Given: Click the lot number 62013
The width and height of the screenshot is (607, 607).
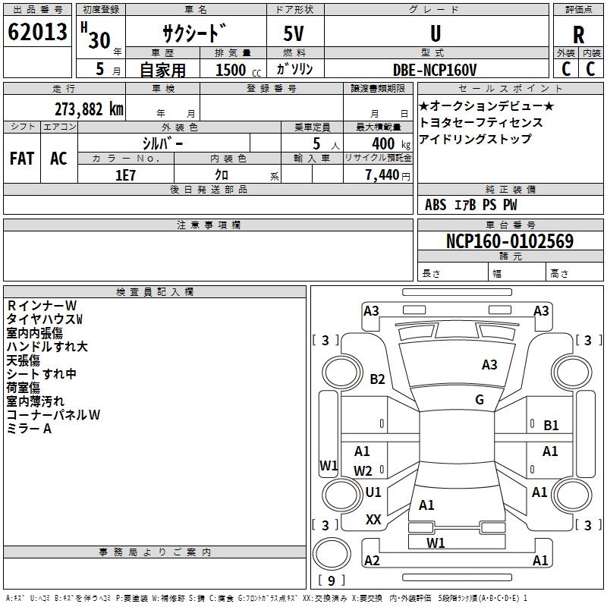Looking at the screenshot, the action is tap(37, 32).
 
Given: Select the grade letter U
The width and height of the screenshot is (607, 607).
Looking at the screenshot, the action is tap(436, 33).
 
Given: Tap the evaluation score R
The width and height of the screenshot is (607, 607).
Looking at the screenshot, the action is tap(578, 35).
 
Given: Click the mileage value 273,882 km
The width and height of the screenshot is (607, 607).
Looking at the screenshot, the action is tap(89, 109).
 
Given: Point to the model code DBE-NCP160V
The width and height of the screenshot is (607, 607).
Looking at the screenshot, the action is tap(435, 70).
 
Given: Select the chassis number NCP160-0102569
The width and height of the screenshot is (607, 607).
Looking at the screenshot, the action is tap(510, 241).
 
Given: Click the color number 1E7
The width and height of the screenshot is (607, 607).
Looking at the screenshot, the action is tap(125, 175).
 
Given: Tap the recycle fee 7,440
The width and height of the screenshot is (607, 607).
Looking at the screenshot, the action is tap(382, 175).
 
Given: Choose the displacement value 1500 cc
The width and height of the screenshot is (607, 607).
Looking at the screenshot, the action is tap(238, 70).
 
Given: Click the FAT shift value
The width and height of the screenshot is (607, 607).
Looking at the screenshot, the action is tap(22, 159).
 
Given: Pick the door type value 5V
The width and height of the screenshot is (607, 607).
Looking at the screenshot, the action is tap(294, 33).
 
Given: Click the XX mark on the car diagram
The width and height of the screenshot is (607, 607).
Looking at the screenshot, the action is tap(373, 519).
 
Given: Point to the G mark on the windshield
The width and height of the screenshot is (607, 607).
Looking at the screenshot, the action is tap(480, 399).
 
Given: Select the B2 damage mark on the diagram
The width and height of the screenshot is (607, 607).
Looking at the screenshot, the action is tap(377, 379).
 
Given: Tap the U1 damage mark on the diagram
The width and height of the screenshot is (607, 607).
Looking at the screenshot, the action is tap(373, 492).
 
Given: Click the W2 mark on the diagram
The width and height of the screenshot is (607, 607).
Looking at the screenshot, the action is tap(363, 470).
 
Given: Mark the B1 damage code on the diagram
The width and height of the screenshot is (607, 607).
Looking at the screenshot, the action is tap(551, 426).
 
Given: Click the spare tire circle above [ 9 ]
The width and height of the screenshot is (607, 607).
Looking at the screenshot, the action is tap(332, 554).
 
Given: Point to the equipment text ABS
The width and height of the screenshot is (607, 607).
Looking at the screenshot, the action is tap(436, 205).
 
